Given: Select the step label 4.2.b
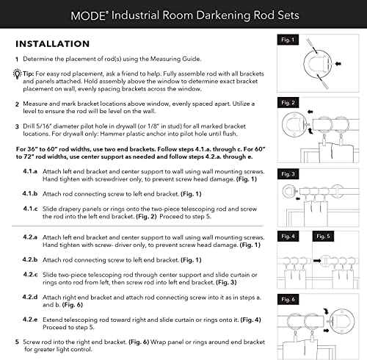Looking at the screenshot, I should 30,260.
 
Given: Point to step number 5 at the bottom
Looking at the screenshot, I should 17,342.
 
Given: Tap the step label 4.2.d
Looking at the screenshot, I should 30,296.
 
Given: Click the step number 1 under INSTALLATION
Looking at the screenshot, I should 17,59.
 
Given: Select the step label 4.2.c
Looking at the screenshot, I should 30,275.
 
